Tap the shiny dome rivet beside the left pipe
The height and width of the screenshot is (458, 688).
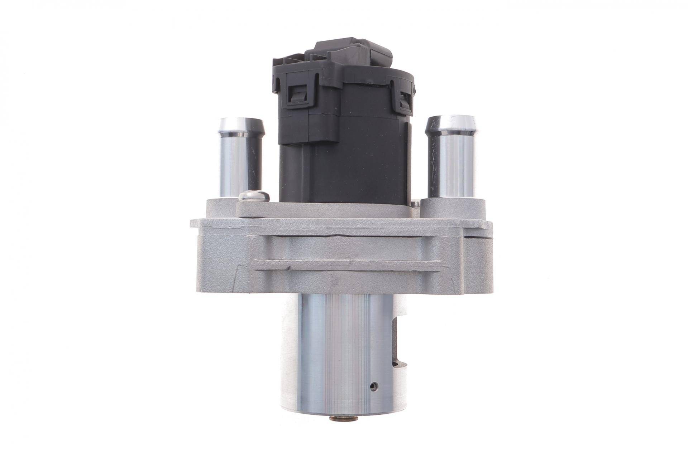254,196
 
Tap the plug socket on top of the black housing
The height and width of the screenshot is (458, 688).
353,54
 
